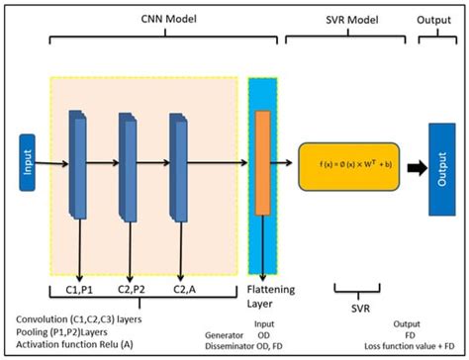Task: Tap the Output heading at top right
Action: (x=437, y=20)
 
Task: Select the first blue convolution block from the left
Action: (x=78, y=163)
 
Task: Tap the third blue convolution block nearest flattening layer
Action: (x=179, y=163)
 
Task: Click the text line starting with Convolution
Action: (x=82, y=320)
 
